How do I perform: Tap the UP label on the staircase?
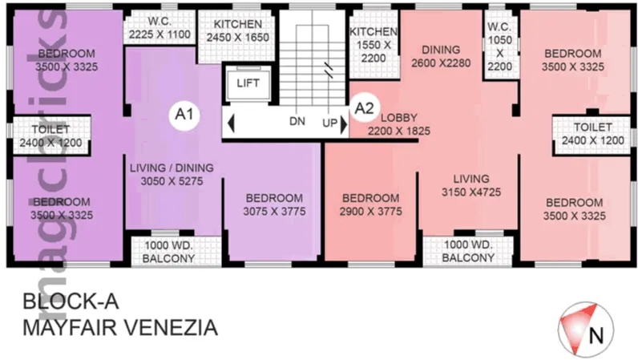pyautogui.click(x=329, y=124)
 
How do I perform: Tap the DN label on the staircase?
pyautogui.click(x=297, y=124)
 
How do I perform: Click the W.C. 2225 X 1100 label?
pyautogui.click(x=159, y=30)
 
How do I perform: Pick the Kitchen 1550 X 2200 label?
pyautogui.click(x=374, y=45)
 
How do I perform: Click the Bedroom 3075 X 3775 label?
pyautogui.click(x=274, y=204)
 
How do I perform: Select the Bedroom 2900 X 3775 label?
pyautogui.click(x=369, y=204)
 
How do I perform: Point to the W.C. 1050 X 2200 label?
pyautogui.click(x=499, y=45)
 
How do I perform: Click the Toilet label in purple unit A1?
pyautogui.click(x=50, y=135)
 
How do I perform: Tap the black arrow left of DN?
pyautogui.click(x=231, y=124)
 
